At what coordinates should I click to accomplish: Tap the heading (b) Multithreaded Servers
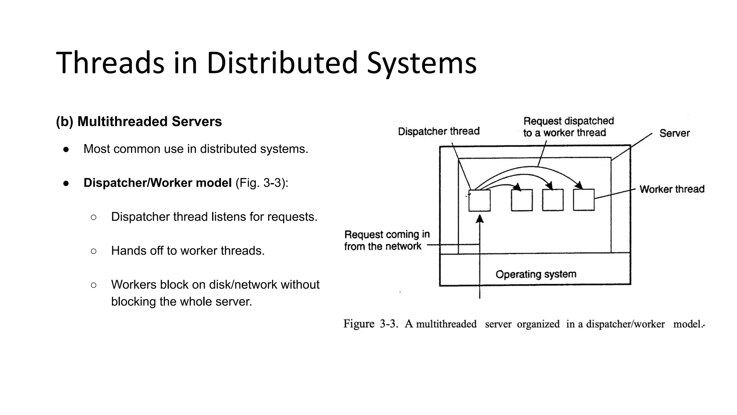coord(139,121)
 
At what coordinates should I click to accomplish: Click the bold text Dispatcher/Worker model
coord(158,183)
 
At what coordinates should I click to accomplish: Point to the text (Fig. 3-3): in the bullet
coord(262,183)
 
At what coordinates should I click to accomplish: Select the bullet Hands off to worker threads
coord(187,251)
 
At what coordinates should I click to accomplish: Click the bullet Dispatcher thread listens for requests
coord(214,217)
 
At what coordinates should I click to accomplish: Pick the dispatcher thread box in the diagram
coord(479,200)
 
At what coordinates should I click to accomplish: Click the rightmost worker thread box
coord(583,200)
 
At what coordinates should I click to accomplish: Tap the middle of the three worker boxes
coord(553,200)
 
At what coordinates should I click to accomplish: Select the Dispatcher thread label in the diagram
coord(439,131)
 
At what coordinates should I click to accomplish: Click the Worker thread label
coord(672,189)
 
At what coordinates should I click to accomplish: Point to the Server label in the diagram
coord(674,133)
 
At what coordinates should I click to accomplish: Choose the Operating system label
coord(536,275)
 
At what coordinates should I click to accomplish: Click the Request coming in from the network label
coord(386,240)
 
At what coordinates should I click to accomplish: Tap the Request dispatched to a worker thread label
coord(568,127)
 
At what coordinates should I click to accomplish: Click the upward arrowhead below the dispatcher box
coord(480,219)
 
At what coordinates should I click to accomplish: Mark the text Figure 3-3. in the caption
coord(370,324)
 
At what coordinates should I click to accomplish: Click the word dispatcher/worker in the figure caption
coord(625,324)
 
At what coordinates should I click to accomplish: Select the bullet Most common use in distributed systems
coord(196,149)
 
